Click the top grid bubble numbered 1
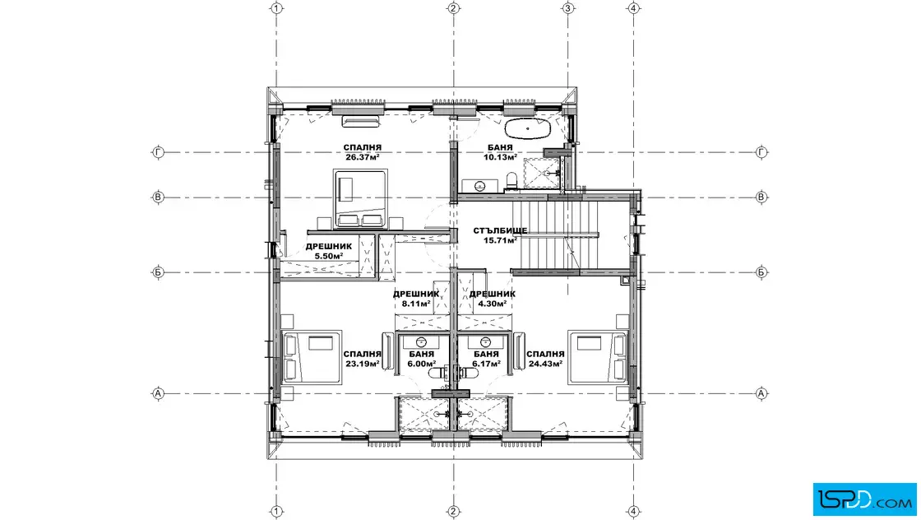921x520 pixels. pos(276,8)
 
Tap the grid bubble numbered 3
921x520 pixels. pos(567,8)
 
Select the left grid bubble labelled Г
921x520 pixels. pos(158,152)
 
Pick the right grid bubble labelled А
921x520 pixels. pos(761,393)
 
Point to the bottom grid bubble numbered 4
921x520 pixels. pos(633,511)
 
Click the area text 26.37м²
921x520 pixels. pos(363,157)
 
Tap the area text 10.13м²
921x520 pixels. pos(500,157)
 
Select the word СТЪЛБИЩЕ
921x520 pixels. pos(500,230)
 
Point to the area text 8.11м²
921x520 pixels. pos(416,304)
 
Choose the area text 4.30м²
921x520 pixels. pos(493,304)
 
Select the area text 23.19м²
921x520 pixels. pos(363,364)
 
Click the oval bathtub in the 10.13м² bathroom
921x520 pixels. pos(527,128)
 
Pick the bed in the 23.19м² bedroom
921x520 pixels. pos(312,357)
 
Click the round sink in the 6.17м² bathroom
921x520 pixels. pos(485,342)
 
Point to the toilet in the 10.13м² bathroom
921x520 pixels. pos(511,181)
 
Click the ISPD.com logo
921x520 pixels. pos(864,499)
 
